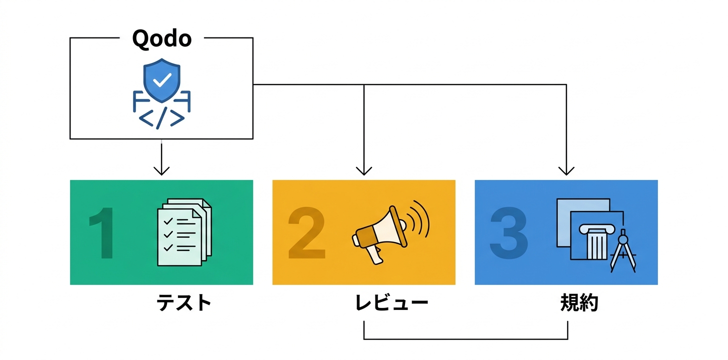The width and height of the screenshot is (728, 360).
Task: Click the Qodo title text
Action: point(161,39)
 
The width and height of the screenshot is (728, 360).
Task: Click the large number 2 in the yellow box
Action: point(306,233)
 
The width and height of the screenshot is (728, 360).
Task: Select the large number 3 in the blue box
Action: point(508,233)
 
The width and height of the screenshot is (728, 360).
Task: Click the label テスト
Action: point(184,303)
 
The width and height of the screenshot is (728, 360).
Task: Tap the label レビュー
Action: point(391,303)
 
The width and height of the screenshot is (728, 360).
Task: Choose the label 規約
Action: point(579,303)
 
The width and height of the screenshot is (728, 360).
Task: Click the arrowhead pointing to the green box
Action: point(161,171)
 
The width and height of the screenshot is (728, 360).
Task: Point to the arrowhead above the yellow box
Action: point(364,171)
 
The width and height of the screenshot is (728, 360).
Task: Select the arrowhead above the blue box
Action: point(566,171)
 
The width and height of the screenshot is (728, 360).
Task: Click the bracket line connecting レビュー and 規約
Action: point(465,339)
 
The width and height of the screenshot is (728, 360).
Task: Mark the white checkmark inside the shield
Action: point(161,78)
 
